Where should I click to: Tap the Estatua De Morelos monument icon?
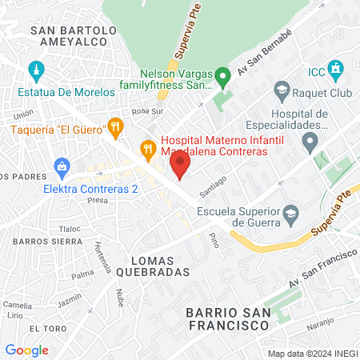pyautogui.click(x=34, y=70)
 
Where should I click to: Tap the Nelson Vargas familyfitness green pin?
pyautogui.click(x=224, y=78)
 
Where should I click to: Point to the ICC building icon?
pyautogui.click(x=337, y=70)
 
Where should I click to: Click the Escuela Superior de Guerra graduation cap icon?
pyautogui.click(x=290, y=212)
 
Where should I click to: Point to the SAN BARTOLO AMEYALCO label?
pyautogui.click(x=73, y=38)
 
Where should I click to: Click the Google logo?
pyautogui.click(x=26, y=350)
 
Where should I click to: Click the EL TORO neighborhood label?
pyautogui.click(x=45, y=329)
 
